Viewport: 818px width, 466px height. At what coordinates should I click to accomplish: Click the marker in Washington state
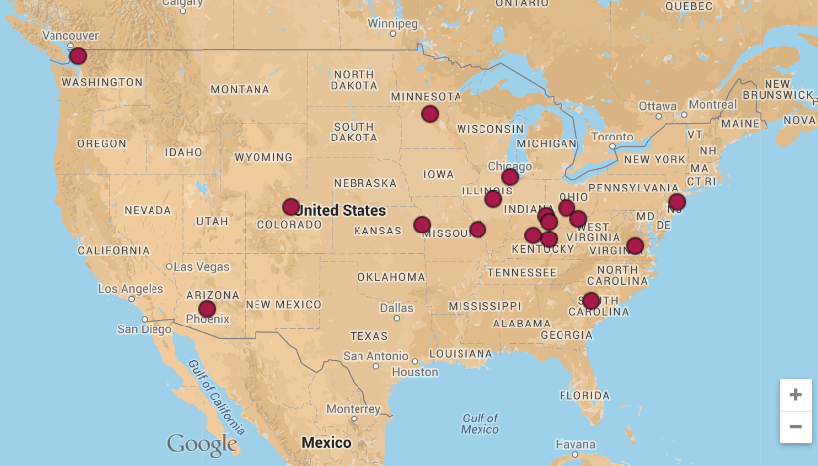(78, 56)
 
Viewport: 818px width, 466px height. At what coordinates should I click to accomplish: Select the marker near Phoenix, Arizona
(207, 309)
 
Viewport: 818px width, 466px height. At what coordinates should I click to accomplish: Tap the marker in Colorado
(291, 207)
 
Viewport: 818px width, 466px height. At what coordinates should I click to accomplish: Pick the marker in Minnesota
(430, 114)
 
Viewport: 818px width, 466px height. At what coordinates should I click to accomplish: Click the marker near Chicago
(510, 177)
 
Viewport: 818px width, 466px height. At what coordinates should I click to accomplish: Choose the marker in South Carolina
(591, 301)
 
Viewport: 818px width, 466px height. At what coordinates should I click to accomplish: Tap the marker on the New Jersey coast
(677, 202)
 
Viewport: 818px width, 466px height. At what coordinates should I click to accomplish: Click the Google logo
(202, 444)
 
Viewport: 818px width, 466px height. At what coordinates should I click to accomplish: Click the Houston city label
(414, 372)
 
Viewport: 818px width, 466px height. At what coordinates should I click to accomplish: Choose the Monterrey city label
(353, 409)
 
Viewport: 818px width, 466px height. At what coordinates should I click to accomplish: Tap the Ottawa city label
(658, 105)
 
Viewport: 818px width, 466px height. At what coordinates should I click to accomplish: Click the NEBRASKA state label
(364, 183)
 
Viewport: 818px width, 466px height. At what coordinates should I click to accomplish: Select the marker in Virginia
(635, 246)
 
